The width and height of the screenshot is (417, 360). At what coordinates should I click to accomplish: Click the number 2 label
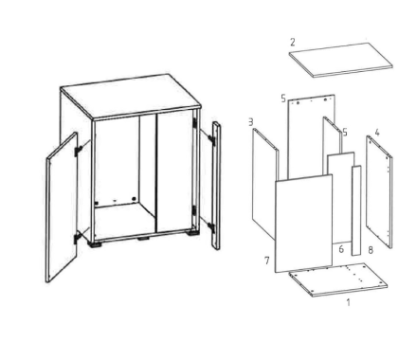pos(293,42)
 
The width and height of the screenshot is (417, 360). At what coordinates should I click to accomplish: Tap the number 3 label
pos(251,122)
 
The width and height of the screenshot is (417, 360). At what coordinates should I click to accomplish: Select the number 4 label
pos(377,133)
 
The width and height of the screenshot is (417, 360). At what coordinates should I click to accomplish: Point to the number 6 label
pos(341,249)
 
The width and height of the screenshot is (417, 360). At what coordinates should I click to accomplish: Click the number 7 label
pos(267,261)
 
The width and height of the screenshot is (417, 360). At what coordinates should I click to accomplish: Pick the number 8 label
pos(371,250)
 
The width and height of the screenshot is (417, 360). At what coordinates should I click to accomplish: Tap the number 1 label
pos(348,302)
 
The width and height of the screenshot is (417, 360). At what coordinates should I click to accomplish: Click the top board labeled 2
pos(341,60)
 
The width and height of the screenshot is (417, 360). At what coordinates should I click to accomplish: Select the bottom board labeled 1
pos(338,279)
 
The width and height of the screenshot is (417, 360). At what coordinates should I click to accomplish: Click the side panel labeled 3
pos(264,183)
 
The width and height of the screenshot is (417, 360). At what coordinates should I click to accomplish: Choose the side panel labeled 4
pos(379,191)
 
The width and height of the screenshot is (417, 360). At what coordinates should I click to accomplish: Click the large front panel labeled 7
pos(303,223)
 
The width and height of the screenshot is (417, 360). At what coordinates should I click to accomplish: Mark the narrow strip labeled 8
pos(356,210)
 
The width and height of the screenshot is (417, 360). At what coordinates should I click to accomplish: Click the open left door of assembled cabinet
pos(62,207)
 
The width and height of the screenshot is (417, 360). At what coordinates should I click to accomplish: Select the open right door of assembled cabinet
pos(216,186)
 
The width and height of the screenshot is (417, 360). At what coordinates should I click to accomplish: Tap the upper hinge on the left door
pos(78,152)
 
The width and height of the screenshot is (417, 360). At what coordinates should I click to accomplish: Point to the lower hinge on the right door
pos(210,227)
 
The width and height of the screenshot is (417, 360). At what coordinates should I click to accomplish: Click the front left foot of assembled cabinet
pos(97,244)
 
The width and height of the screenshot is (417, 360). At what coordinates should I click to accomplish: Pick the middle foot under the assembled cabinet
pos(144,239)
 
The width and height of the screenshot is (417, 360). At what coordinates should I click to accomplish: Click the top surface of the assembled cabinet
pos(131,97)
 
